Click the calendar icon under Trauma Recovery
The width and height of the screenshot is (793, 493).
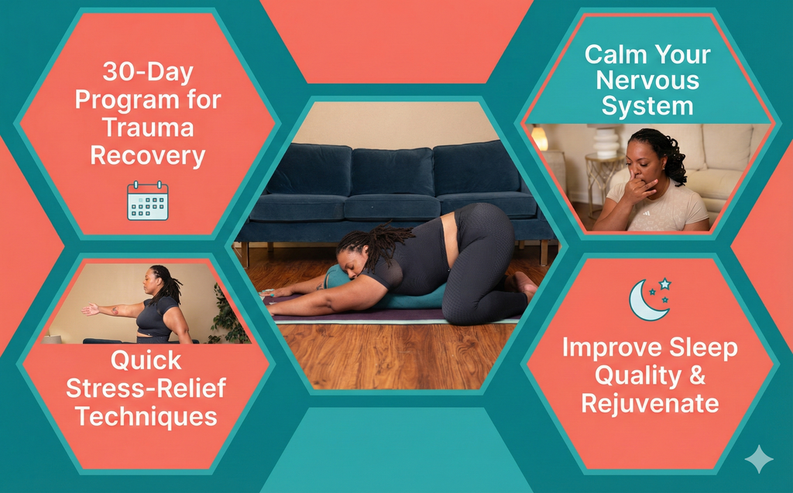147,201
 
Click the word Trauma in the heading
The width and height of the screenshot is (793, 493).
147,127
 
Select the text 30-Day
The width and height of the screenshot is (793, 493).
147,74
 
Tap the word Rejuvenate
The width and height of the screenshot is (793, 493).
650,402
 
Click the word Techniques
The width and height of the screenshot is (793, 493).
146,416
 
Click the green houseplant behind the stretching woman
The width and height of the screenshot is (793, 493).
228,317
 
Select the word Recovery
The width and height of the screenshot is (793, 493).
147,155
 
